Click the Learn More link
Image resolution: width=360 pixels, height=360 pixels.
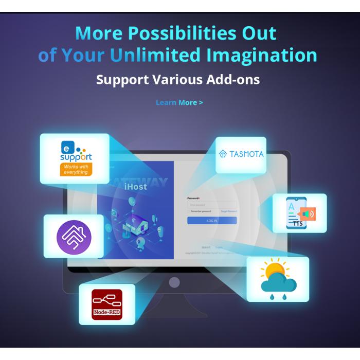coord(179,102)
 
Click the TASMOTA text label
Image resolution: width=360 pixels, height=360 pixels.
coord(246,153)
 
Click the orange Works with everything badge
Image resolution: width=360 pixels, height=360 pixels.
coord(76,169)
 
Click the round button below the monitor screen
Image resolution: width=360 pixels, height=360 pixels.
coord(174,282)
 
